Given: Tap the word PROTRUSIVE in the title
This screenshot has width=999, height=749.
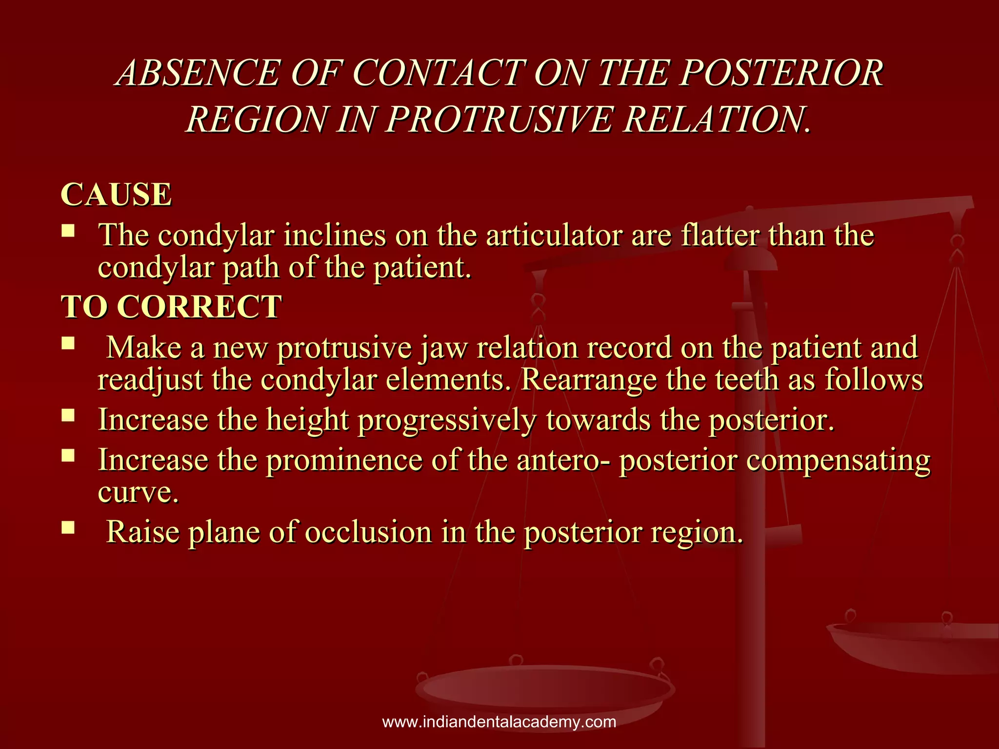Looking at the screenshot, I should point(499,119).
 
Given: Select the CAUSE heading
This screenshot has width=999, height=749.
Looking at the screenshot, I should point(116,195).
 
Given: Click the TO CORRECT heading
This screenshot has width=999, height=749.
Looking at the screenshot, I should point(171,307).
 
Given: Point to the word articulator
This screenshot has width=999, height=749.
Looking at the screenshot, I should point(554,236).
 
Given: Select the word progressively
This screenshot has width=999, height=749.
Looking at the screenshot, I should point(447,420).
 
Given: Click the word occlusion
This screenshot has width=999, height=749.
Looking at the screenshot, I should point(368,532).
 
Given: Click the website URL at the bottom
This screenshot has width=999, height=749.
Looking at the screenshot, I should point(499,722).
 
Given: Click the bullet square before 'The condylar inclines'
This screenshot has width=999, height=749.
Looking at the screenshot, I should point(68,230).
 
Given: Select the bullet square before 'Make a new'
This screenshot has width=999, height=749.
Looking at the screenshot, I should point(68,344).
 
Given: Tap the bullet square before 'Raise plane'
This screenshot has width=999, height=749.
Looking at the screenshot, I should point(68,527).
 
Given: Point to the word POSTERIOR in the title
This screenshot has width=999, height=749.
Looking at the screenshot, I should point(782,73).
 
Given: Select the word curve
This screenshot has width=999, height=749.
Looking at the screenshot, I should point(138,493).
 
